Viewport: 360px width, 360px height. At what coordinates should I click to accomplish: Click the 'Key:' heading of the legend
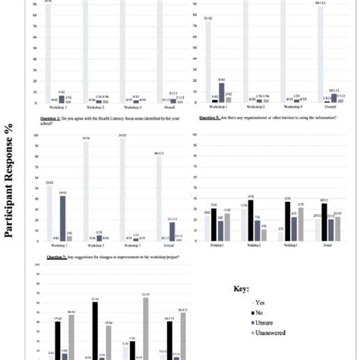pos(243,289)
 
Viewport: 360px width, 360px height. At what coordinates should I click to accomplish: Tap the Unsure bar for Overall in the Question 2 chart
pos(172,231)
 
